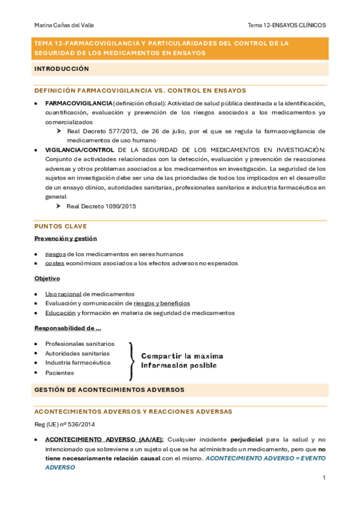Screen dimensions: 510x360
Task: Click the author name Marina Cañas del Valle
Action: tap(64, 25)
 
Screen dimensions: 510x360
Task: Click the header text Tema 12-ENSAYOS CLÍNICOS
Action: tap(287, 25)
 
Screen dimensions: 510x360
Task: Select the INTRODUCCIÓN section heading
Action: tap(61, 69)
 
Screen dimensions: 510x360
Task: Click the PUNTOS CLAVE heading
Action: tap(61, 226)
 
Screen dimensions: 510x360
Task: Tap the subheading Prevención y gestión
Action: tap(66, 238)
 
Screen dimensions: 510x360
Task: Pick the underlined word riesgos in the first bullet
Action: tap(55, 254)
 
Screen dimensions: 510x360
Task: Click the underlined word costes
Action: tap(55, 263)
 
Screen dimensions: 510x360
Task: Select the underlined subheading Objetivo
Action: tap(47, 278)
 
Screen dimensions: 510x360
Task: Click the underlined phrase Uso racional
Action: tap(63, 293)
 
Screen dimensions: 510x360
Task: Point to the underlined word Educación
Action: tap(60, 313)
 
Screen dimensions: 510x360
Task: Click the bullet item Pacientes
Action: tap(59, 373)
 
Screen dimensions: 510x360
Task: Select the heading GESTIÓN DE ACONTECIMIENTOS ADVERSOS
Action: tap(109, 390)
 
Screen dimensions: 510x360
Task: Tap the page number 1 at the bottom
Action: tap(323, 478)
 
